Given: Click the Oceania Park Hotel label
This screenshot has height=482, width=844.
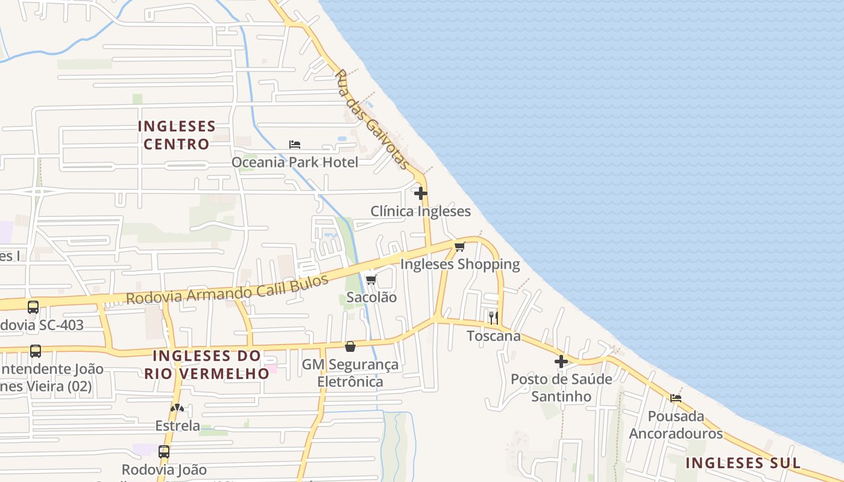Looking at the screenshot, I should pyautogui.click(x=295, y=162).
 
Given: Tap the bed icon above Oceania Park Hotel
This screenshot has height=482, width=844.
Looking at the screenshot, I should pyautogui.click(x=295, y=145).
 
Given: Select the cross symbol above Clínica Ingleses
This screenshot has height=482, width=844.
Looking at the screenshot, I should pyautogui.click(x=421, y=193).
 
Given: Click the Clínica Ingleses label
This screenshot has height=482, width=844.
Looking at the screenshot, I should pyautogui.click(x=420, y=211).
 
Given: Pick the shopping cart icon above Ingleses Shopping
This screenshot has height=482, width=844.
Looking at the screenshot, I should pyautogui.click(x=460, y=246).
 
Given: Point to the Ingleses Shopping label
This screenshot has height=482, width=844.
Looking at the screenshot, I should pyautogui.click(x=460, y=264).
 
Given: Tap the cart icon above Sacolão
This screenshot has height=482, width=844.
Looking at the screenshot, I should pyautogui.click(x=371, y=280).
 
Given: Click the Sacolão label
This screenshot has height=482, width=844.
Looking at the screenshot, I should pyautogui.click(x=371, y=297).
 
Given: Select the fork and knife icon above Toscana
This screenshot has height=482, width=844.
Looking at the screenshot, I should pyautogui.click(x=493, y=318).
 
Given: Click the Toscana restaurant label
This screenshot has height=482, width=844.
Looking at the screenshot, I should pyautogui.click(x=494, y=336).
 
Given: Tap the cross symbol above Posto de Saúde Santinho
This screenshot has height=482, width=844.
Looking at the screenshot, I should pyautogui.click(x=561, y=361).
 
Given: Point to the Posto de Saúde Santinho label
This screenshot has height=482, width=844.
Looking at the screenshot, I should pyautogui.click(x=561, y=387).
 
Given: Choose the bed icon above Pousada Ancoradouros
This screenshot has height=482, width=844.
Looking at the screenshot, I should pyautogui.click(x=676, y=398).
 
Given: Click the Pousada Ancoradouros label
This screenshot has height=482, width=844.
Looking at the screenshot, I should pyautogui.click(x=676, y=424).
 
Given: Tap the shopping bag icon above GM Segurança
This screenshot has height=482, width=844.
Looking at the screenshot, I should pyautogui.click(x=350, y=346).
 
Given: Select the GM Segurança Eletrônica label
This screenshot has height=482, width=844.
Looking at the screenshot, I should pyautogui.click(x=350, y=373).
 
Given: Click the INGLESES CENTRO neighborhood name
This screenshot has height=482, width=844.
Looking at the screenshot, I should pyautogui.click(x=177, y=135).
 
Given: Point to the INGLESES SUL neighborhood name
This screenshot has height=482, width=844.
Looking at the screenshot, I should pyautogui.click(x=743, y=463).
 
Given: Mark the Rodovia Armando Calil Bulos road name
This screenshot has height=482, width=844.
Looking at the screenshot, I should pyautogui.click(x=227, y=289).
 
